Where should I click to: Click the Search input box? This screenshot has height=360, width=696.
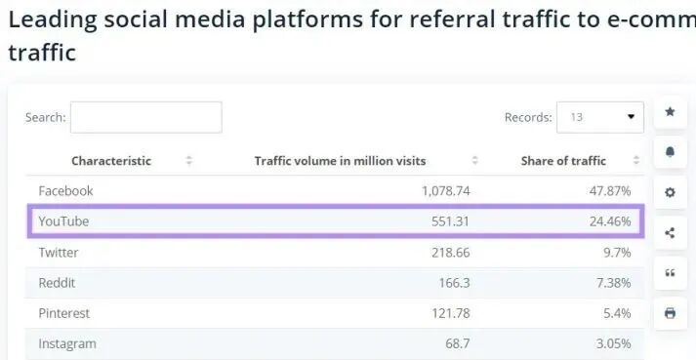[x=146, y=117]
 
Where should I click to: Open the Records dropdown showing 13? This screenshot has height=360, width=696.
[x=600, y=117]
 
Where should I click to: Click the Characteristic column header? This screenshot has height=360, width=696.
[x=111, y=161]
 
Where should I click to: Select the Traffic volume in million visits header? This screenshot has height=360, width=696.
[x=340, y=161]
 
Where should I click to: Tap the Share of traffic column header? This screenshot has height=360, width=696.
[x=563, y=161]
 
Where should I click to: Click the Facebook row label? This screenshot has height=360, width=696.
[x=65, y=191]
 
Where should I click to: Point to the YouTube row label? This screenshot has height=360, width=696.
[x=63, y=221]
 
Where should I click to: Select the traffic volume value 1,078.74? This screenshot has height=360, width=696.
[x=445, y=191]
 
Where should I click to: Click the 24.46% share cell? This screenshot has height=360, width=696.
[x=610, y=221]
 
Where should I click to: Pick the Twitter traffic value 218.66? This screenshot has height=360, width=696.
[x=451, y=252]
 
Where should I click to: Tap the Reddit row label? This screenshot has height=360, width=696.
[x=57, y=283]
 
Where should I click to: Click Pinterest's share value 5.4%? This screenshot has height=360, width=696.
[x=617, y=313]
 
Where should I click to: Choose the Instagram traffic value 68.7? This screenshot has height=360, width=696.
[x=458, y=343]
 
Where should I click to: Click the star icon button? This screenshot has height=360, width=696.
[x=671, y=112]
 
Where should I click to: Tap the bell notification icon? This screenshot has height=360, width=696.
[x=671, y=152]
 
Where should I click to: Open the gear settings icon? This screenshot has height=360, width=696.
[x=671, y=192]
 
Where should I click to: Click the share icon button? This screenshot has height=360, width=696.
[x=671, y=232]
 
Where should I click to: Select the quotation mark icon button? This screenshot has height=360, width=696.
[x=671, y=273]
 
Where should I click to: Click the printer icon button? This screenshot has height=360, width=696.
[x=671, y=313]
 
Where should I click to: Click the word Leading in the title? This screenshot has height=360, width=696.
[x=53, y=20]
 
